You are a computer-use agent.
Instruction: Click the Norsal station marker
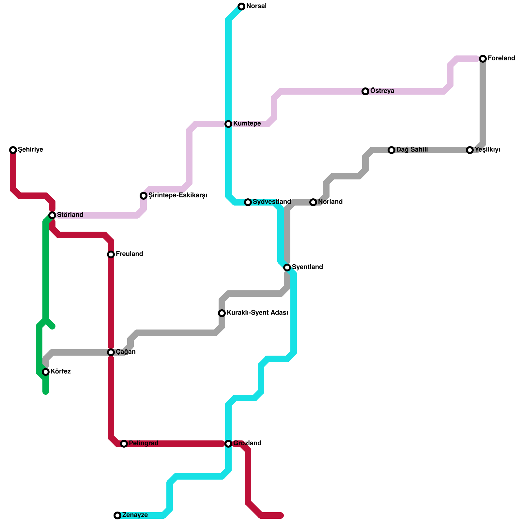241,7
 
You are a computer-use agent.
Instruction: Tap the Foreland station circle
483,59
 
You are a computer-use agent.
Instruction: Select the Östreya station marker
365,91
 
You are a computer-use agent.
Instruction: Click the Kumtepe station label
247,124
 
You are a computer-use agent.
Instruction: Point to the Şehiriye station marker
13,150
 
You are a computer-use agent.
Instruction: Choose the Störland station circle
52,215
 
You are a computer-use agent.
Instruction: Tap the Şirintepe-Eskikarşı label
178,195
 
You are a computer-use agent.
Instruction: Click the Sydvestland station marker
248,202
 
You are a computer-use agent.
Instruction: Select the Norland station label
330,202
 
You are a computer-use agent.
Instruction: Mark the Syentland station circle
287,268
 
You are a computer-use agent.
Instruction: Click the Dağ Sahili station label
412,150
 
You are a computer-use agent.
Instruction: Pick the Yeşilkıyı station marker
470,150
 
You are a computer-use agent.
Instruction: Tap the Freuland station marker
111,254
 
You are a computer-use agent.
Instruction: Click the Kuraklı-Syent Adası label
257,313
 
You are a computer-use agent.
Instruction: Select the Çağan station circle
111,352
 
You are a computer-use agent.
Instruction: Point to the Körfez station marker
46,372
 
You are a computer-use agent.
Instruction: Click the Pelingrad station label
144,443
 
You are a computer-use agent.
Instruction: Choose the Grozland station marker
228,444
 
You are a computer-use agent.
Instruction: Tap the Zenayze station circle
117,515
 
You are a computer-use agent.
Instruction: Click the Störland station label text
70,215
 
